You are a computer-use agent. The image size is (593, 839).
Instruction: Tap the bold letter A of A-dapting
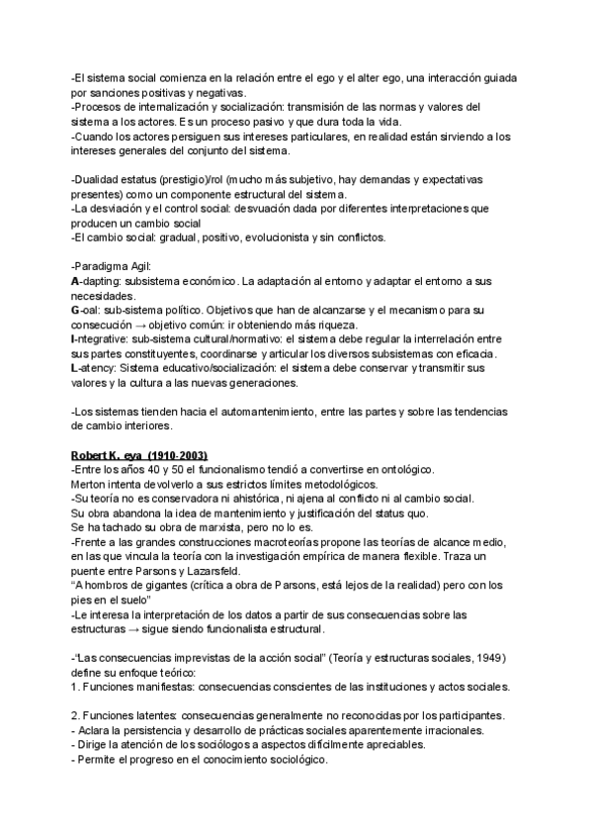click(76, 282)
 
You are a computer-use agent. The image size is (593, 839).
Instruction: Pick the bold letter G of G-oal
click(76, 310)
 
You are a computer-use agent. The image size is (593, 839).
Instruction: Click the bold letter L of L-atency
click(75, 366)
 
